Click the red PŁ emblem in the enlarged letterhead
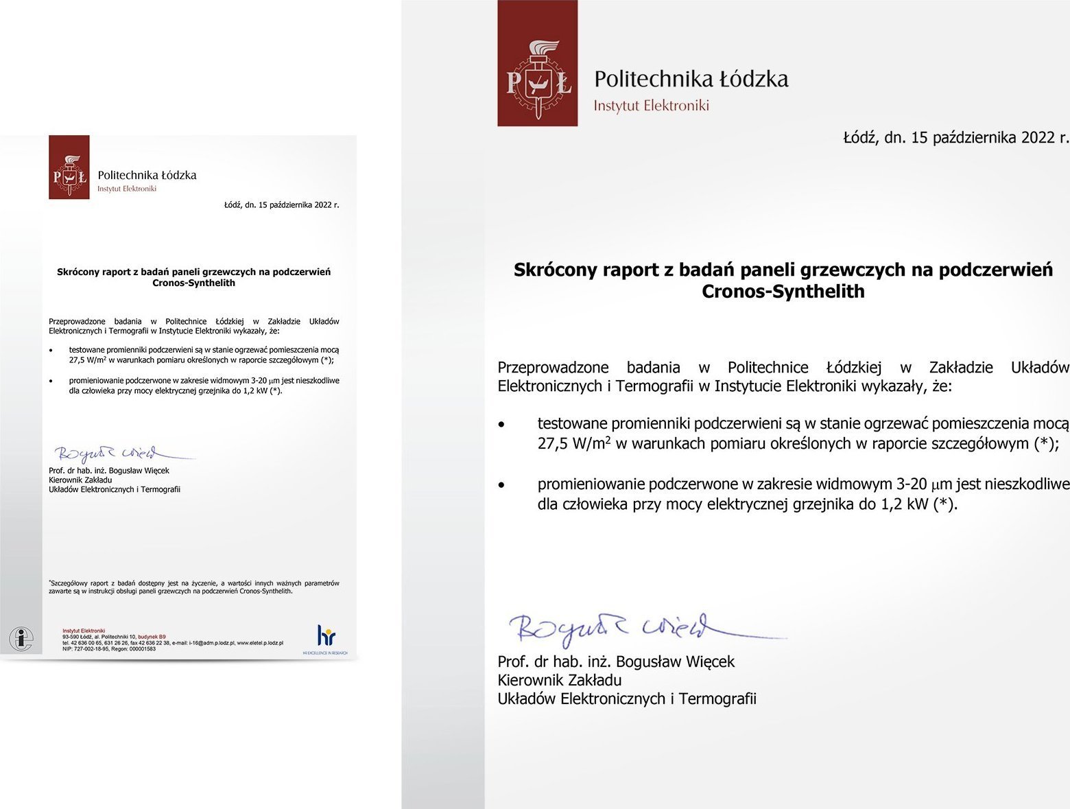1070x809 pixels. (x=537, y=63)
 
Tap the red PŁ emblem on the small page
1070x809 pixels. (x=69, y=167)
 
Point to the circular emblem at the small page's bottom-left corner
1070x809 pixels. (x=21, y=639)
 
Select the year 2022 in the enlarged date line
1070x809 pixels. (x=1037, y=138)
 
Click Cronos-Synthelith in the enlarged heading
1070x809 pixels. (x=783, y=292)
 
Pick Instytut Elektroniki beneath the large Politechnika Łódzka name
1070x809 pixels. (x=651, y=106)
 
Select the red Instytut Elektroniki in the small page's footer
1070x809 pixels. (x=84, y=630)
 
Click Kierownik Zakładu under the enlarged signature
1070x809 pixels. (x=559, y=681)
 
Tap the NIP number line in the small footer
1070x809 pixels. (x=109, y=649)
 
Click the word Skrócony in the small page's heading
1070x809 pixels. (x=78, y=272)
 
